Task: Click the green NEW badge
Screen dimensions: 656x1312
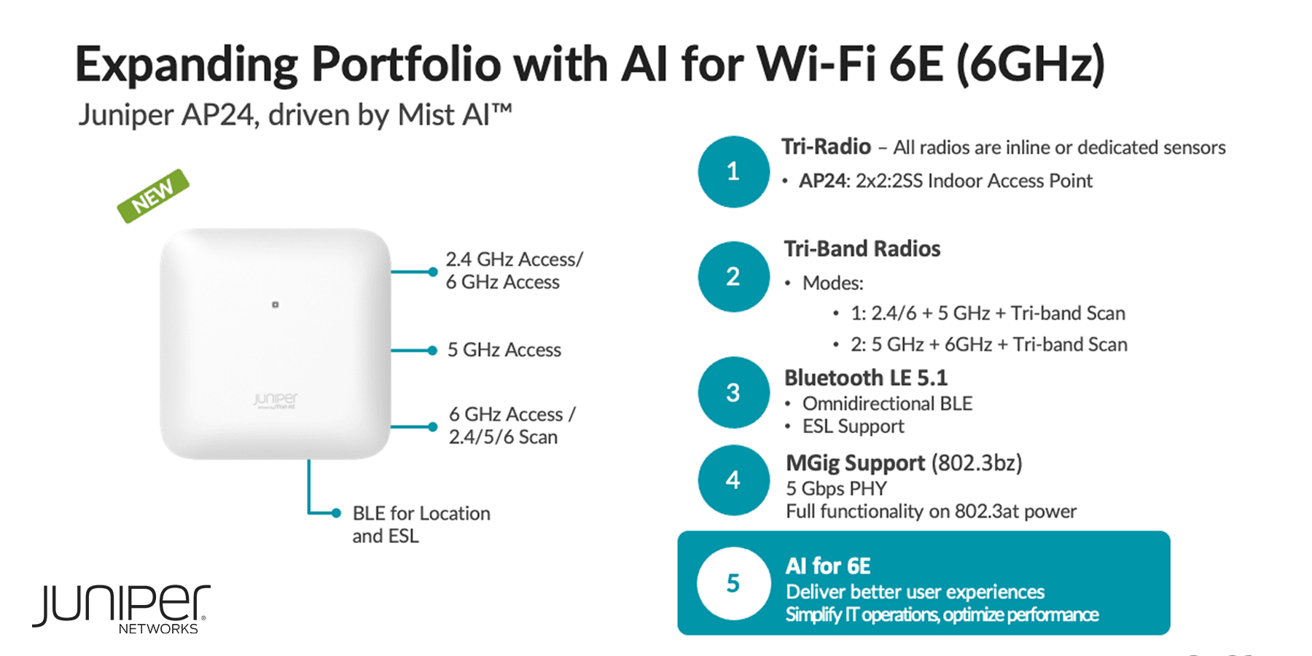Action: [x=153, y=195]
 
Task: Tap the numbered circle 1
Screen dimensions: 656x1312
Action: [x=733, y=172]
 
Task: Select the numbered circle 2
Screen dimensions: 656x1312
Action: [x=733, y=277]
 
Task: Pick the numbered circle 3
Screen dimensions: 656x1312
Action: [x=733, y=393]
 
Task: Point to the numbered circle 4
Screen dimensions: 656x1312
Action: [x=733, y=480]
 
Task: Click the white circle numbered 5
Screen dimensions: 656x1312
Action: [x=733, y=583]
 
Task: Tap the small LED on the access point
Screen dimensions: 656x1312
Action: [x=276, y=305]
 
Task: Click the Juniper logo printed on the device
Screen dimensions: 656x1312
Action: [x=276, y=399]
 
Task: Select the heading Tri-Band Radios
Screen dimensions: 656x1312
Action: [x=862, y=249]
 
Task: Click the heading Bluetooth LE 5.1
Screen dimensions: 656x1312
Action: [x=866, y=378]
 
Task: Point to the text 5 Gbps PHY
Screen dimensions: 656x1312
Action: [x=837, y=488]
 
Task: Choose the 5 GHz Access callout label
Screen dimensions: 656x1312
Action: [x=504, y=351]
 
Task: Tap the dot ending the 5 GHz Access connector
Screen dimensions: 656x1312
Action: [x=432, y=351]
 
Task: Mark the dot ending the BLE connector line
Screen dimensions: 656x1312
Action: [x=336, y=513]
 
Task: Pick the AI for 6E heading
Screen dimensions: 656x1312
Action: [x=828, y=566]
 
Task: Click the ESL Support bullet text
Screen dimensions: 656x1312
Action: [x=853, y=426]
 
